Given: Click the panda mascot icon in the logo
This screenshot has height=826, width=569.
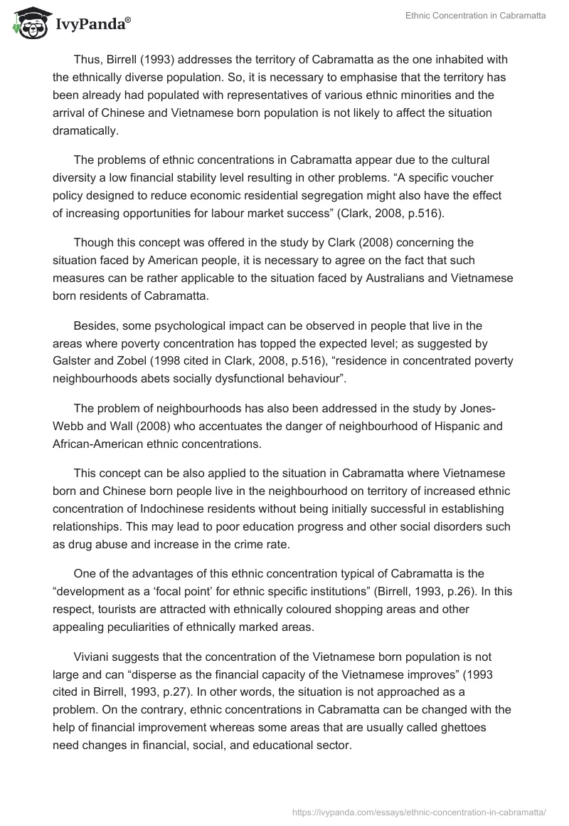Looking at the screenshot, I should pos(28,23).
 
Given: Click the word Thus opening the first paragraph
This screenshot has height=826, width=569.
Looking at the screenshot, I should pos(87,60).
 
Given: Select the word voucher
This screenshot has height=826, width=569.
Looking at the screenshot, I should pos(456,177).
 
